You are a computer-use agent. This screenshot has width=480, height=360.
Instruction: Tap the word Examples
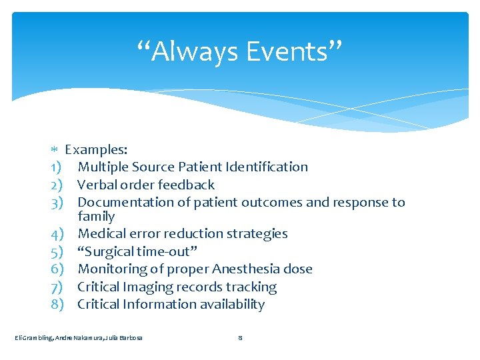coord(96,149)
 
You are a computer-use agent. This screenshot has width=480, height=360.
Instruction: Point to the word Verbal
coord(97,185)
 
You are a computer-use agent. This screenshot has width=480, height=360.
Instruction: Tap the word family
coord(96,216)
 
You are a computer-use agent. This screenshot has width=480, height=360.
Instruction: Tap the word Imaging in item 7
coord(148,287)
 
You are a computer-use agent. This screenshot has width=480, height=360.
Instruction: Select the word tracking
coord(251,287)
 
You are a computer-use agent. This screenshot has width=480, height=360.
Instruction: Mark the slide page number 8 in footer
coord(240,338)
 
